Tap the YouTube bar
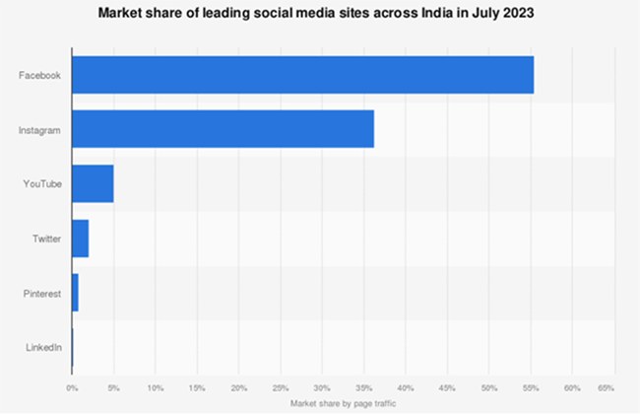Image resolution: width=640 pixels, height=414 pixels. click(93, 183)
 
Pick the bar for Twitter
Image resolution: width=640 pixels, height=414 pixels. click(80, 239)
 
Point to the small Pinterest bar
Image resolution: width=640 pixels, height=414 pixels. click(75, 293)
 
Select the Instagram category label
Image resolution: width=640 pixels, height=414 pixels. click(40, 129)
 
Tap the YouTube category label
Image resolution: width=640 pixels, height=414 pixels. click(42, 183)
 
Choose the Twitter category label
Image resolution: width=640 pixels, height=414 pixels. click(46, 239)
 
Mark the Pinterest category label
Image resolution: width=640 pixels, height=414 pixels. click(42, 293)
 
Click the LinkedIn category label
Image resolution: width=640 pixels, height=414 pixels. click(43, 347)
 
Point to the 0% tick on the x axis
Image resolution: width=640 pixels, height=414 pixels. click(72, 388)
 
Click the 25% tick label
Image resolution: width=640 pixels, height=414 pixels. click(281, 388)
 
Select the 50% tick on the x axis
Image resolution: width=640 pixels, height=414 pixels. click(489, 388)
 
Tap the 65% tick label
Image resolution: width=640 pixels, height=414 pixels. click(607, 388)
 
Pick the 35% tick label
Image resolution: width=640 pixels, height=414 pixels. click(364, 388)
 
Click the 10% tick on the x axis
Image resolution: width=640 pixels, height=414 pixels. click(156, 388)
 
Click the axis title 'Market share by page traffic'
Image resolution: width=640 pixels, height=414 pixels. click(344, 404)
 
